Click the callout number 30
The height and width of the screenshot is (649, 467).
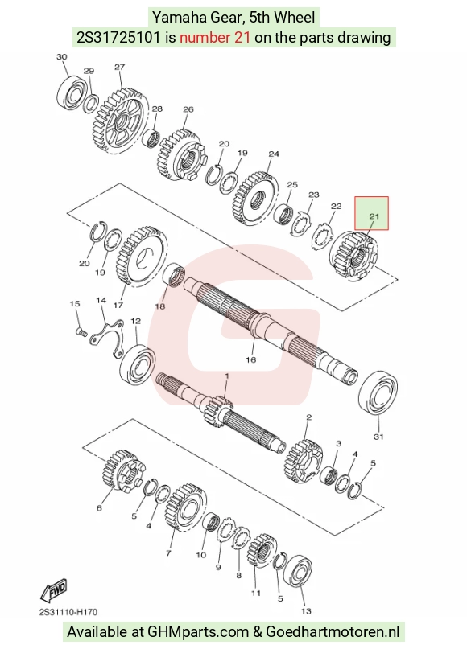[61, 57]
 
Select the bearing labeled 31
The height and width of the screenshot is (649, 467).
[378, 392]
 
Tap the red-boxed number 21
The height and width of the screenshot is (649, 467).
[374, 216]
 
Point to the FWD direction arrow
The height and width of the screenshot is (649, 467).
[53, 590]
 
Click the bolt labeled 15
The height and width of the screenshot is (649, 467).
[81, 331]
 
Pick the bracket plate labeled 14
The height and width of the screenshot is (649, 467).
[107, 335]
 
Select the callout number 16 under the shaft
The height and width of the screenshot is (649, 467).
[250, 359]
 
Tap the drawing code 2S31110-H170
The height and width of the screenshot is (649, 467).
[68, 612]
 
